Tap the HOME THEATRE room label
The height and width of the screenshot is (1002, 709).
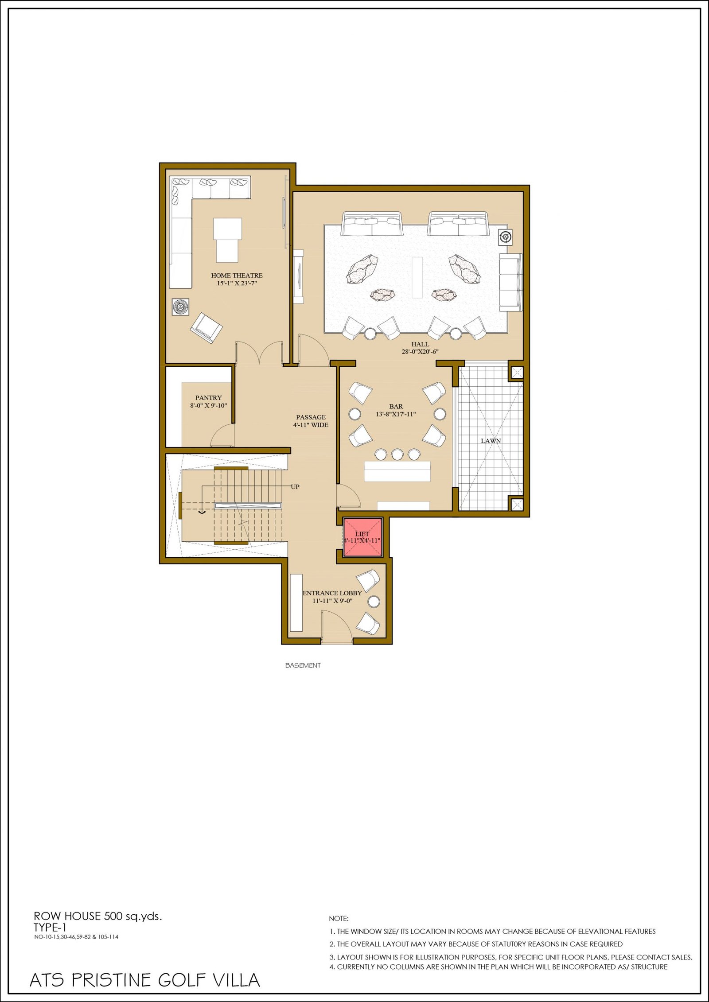click(237, 276)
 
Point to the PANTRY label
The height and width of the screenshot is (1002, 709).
click(208, 398)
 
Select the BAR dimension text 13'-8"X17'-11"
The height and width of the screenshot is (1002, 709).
click(396, 414)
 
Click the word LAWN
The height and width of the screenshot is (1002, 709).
click(491, 441)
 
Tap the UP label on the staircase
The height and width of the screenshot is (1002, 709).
click(295, 487)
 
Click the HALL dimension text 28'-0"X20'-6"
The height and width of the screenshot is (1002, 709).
click(420, 352)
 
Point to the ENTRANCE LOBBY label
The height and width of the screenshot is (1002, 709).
click(332, 593)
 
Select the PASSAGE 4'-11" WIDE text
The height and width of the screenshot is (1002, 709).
click(311, 421)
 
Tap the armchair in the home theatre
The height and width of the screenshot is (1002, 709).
click(206, 328)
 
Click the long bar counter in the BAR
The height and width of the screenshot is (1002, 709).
click(397, 471)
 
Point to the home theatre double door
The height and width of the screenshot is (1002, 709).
click(260, 353)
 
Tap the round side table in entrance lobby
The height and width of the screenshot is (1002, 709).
click(374, 601)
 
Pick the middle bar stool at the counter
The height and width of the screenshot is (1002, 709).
click(397, 454)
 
